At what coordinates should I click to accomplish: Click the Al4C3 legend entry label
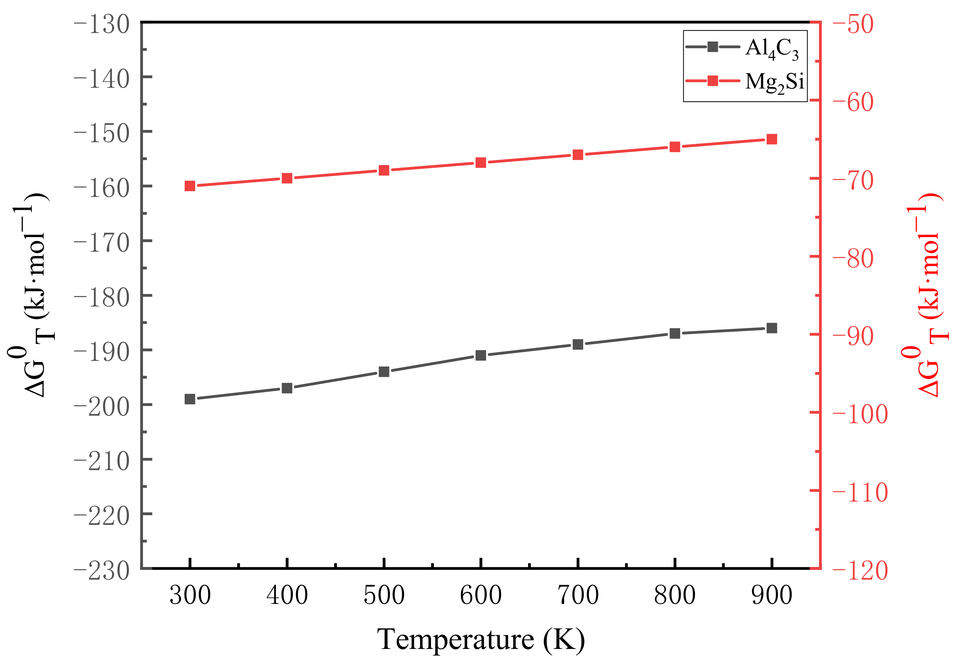pyautogui.click(x=771, y=49)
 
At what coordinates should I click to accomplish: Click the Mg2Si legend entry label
pyautogui.click(x=774, y=82)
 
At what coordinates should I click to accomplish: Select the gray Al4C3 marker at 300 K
pyautogui.click(x=190, y=399)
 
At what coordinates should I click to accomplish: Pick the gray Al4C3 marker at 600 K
pyautogui.click(x=480, y=355)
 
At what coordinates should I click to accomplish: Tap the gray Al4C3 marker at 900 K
pyautogui.click(x=771, y=328)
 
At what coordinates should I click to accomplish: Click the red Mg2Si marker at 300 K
pyautogui.click(x=190, y=186)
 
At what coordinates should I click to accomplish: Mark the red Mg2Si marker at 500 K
pyautogui.click(x=384, y=170)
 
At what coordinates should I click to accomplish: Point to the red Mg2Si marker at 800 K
pyautogui.click(x=675, y=147)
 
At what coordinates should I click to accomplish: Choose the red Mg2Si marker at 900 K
pyautogui.click(x=771, y=139)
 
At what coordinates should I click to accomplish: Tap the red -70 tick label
pyautogui.click(x=853, y=181)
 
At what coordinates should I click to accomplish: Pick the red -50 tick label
pyautogui.click(x=853, y=25)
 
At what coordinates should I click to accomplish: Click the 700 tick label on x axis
pyautogui.click(x=578, y=595)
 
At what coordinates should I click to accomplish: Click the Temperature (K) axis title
pyautogui.click(x=480, y=639)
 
